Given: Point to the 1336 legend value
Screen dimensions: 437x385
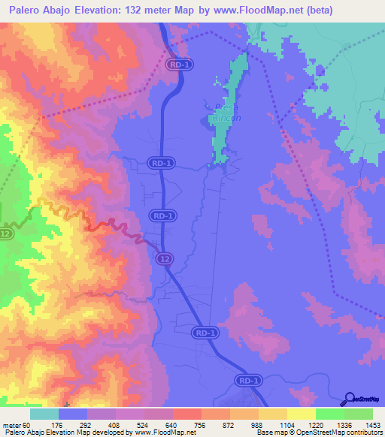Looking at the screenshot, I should click(336, 425).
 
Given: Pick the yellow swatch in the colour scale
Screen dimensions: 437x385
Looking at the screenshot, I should click(301, 414).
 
